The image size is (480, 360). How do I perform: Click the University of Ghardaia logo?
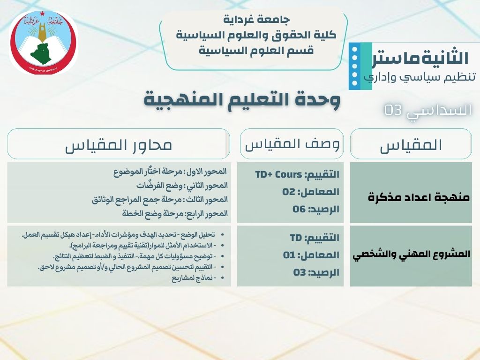[x=43, y=43]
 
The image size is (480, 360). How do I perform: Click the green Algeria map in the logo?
[x=41, y=54]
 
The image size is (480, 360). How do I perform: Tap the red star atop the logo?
[x=42, y=14]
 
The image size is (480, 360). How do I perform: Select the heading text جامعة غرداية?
[x=256, y=20]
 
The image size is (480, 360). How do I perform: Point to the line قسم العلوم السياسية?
[x=256, y=50]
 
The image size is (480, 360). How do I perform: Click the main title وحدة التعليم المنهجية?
[x=242, y=99]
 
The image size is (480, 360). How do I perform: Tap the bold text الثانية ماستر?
[x=420, y=58]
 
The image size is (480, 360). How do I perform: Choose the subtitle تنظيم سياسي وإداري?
[x=420, y=76]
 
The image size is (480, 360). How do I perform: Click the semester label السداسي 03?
[x=428, y=111]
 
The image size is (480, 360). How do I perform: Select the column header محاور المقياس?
[x=118, y=145]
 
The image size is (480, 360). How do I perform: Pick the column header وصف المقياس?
[x=292, y=144]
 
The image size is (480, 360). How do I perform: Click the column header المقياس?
[x=411, y=145]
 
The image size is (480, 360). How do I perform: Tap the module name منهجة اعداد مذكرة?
[x=419, y=197]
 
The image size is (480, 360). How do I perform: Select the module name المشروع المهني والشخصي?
[x=412, y=255]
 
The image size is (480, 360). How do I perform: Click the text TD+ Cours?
[x=278, y=174]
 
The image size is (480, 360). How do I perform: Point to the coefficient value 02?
[x=289, y=192]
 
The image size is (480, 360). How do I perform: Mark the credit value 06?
[x=299, y=210]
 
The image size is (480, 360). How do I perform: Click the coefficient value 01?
[x=289, y=255]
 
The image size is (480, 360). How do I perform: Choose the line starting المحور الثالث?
[x=160, y=200]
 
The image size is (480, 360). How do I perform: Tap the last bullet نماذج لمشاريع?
[x=194, y=278]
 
